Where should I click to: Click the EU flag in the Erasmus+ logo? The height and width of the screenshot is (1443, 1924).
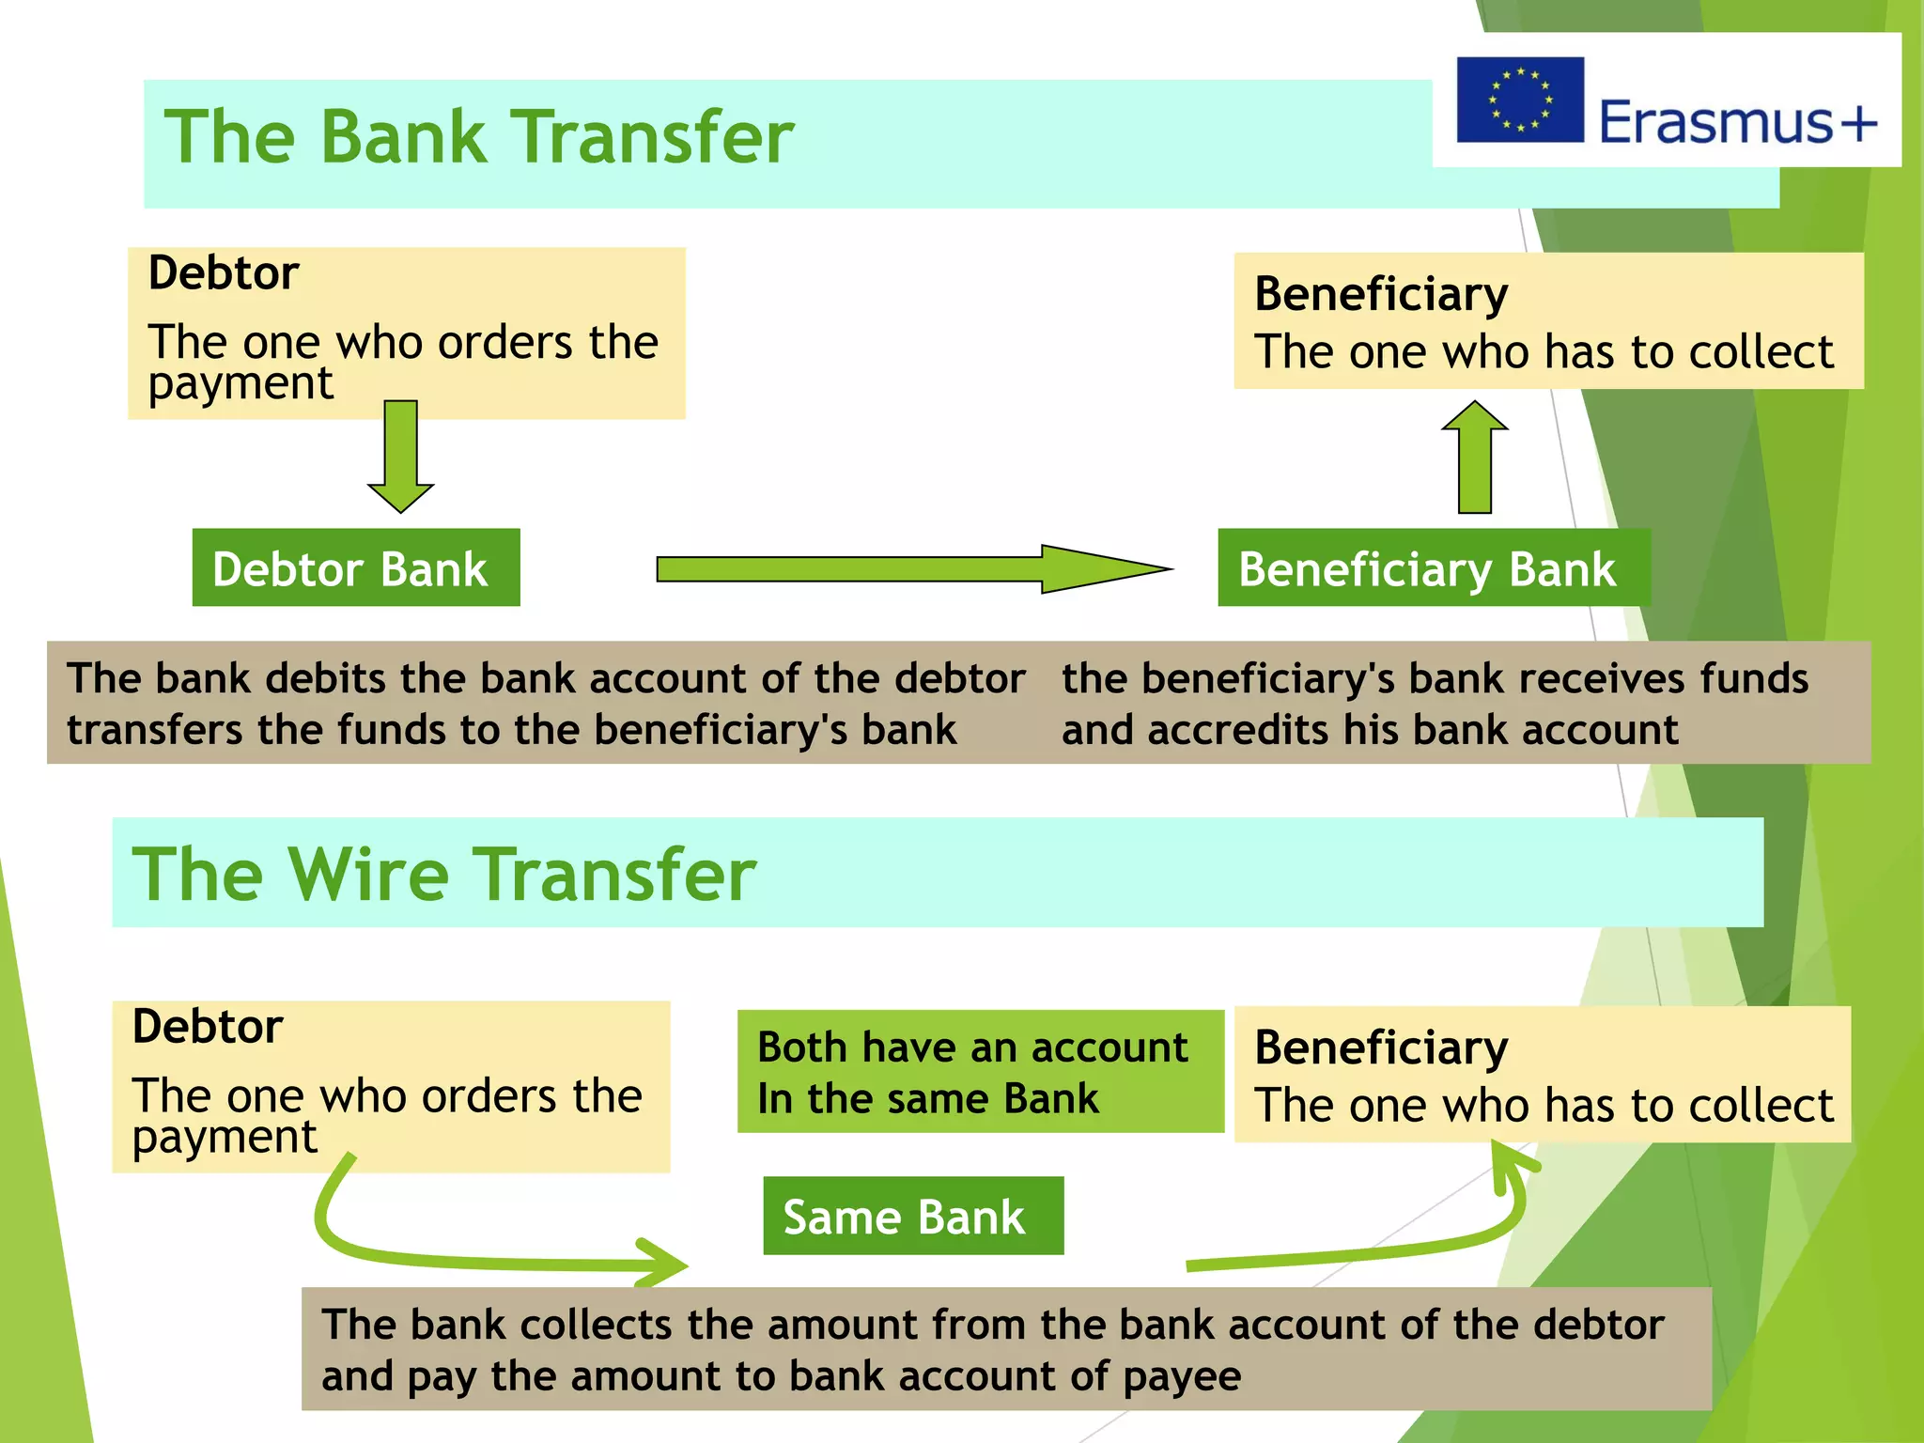1519,100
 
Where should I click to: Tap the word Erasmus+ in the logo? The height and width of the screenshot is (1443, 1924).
1737,122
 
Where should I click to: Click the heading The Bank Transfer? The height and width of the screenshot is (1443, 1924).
479,137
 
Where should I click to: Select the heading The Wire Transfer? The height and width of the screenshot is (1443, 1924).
443,875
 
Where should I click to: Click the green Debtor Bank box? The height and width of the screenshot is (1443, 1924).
355,568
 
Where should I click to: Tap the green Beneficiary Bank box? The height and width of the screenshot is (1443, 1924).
1432,568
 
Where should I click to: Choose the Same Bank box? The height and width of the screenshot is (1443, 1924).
912,1217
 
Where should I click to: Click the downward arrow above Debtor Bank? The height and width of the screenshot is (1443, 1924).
401,456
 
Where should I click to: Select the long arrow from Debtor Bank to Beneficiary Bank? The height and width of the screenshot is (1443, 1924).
911,568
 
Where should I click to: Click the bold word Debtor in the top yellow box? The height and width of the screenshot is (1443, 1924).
224,273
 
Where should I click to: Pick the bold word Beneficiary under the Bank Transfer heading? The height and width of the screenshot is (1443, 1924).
1381,294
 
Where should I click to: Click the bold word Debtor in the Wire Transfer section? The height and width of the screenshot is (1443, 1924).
208,1027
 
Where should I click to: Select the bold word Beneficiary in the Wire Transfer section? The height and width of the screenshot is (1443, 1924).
1381,1047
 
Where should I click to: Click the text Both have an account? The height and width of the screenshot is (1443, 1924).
972,1047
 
